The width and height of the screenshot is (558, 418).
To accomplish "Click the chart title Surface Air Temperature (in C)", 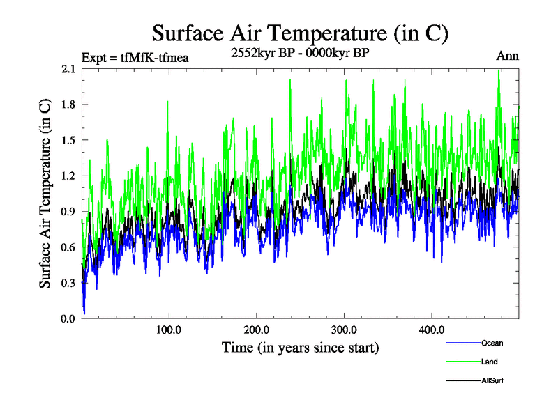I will (300, 33).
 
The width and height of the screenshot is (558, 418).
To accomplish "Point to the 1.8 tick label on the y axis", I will (69, 104).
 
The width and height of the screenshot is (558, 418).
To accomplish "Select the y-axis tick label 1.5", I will (69, 140).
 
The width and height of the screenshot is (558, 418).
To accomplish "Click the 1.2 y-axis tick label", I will (69, 176).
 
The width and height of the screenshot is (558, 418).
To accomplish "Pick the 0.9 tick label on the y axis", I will (69, 212).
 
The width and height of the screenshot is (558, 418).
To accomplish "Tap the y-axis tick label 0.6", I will (69, 247).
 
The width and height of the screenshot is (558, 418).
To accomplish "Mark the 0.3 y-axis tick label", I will (69, 283).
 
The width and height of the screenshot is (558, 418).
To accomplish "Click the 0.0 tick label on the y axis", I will (69, 318).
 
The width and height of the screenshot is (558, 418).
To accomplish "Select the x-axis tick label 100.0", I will (169, 330).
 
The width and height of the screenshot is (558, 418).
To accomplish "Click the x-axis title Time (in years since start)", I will (300, 346).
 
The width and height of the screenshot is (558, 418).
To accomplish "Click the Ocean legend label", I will (492, 343).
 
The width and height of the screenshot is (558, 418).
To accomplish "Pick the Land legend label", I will (490, 362).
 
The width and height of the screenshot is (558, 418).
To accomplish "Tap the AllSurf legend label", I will (492, 380).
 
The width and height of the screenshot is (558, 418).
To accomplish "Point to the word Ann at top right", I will (507, 56).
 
